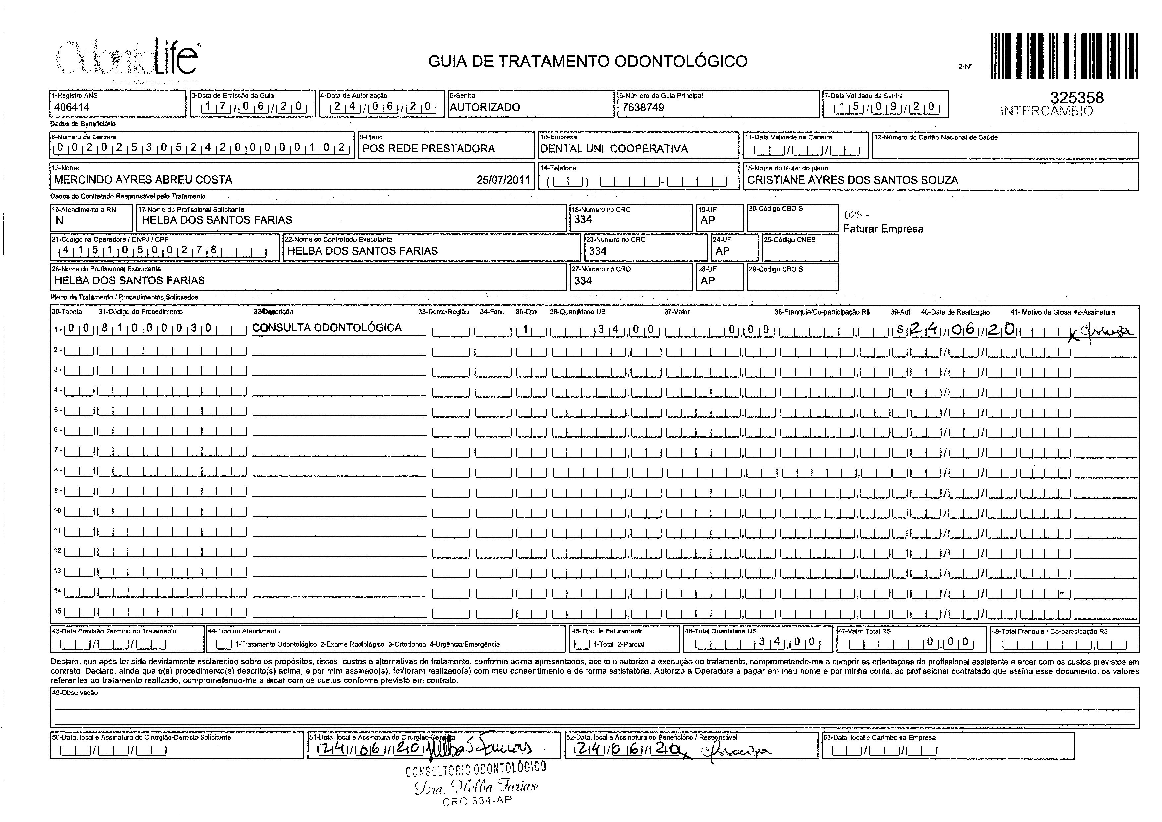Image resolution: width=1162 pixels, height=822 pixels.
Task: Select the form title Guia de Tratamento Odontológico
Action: (587, 61)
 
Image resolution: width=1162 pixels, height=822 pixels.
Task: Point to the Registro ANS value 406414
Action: (72, 107)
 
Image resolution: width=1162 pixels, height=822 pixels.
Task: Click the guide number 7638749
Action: (643, 107)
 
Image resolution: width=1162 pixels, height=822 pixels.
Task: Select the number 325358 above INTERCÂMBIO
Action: (1077, 98)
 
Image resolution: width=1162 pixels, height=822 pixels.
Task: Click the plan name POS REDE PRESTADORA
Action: (428, 149)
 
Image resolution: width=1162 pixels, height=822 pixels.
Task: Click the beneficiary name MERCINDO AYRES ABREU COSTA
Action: (143, 180)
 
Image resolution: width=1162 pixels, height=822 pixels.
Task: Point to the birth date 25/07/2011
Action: (503, 180)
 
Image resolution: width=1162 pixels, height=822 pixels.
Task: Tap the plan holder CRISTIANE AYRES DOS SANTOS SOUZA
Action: (852, 180)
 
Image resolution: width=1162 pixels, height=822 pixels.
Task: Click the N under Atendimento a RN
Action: (59, 220)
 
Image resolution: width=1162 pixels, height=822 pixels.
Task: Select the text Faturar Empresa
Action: (883, 229)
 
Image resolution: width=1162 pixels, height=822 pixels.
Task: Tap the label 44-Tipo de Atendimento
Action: (244, 631)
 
